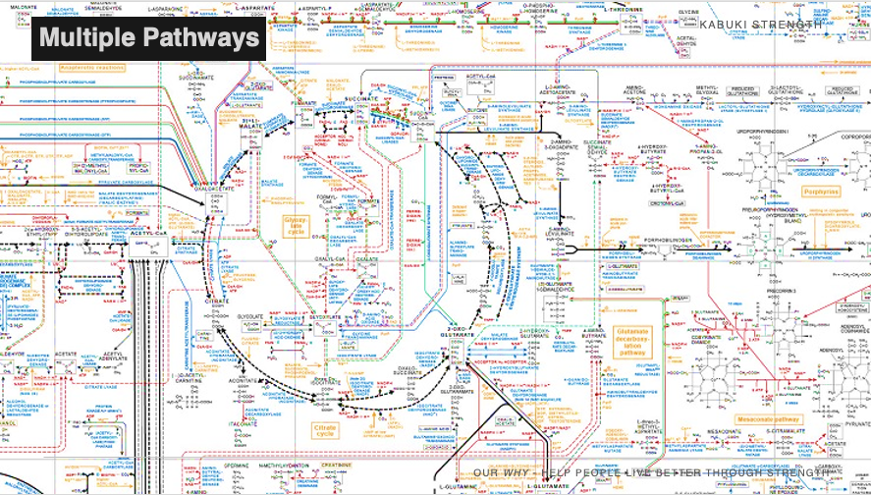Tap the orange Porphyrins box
(820, 192)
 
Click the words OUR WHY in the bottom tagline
(500, 473)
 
